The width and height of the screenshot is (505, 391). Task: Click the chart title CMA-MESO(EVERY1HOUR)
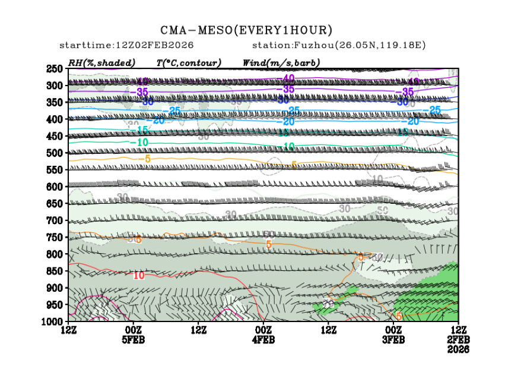click(246, 30)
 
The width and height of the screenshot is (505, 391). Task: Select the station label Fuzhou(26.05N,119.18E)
click(339, 45)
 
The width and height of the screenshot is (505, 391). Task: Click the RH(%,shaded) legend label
click(101, 62)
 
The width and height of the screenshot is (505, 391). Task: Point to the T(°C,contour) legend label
click(189, 62)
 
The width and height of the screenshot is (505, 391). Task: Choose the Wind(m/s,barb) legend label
click(281, 62)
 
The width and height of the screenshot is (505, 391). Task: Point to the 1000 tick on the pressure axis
click(52, 321)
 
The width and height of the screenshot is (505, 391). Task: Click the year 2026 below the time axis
click(458, 349)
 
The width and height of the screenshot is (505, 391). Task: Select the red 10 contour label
click(139, 275)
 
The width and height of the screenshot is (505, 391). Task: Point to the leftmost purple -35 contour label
click(141, 92)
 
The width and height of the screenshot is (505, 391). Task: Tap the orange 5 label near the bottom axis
click(399, 316)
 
